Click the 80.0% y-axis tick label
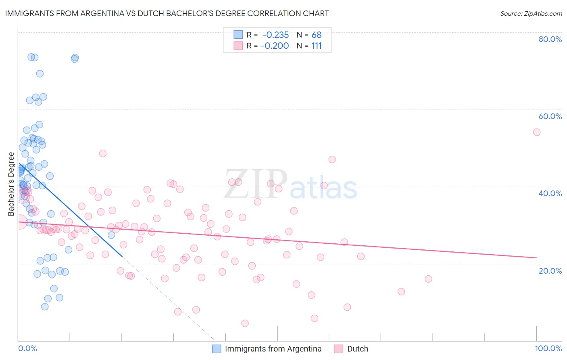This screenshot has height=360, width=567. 550,39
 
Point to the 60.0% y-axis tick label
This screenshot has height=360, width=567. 550,116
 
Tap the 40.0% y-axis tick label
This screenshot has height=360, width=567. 550,193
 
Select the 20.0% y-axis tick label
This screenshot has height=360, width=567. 550,270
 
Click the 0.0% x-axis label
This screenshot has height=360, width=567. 27,348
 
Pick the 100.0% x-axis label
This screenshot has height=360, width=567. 548,348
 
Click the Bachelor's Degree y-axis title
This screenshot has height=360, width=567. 11,184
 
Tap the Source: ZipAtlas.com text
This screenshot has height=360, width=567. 531,13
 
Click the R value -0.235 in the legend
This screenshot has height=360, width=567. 275,35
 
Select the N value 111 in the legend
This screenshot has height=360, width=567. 317,46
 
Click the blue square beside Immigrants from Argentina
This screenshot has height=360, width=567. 217,349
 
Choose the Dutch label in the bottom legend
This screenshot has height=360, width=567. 357,349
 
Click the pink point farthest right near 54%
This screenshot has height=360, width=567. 536,132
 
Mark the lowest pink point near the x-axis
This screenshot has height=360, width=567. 245,323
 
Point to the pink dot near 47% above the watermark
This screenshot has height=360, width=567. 332,159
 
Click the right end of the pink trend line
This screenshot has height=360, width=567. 536,257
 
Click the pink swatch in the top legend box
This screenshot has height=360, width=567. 238,46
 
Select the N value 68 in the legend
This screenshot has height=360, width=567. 317,35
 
